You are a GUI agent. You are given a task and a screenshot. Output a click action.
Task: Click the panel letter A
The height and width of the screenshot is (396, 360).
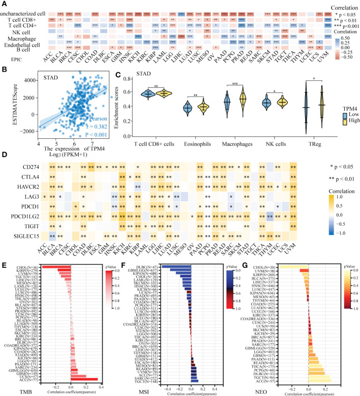(4, 4)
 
